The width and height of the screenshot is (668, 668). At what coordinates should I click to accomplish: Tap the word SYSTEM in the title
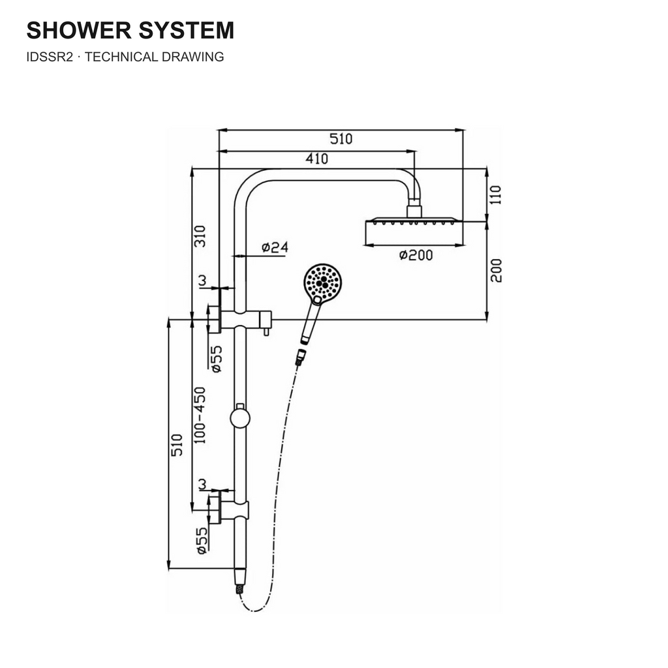(187, 30)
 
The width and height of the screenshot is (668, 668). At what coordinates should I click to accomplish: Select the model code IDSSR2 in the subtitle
(50, 57)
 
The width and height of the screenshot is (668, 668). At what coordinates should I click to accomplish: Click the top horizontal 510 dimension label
(341, 139)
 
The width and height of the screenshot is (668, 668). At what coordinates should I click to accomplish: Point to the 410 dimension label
(317, 159)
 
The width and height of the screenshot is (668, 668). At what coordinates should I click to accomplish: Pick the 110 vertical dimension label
(496, 194)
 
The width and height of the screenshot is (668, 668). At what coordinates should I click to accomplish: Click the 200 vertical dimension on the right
(496, 271)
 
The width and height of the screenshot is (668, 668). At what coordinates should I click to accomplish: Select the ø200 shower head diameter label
(416, 255)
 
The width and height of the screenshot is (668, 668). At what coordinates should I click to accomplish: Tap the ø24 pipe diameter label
(275, 247)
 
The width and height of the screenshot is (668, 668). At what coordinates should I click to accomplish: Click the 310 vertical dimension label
(200, 236)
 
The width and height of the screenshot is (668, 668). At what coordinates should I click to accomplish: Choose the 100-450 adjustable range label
(200, 416)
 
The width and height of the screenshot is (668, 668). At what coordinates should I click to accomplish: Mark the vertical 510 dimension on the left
(176, 445)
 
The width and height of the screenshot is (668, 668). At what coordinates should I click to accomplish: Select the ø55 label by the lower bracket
(202, 541)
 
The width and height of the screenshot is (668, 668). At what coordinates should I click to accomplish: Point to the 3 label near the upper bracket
(202, 281)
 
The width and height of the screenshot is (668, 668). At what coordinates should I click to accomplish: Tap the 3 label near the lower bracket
(202, 485)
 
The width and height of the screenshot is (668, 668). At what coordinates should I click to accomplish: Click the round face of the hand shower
(323, 282)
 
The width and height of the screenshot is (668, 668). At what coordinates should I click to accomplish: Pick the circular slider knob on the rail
(240, 418)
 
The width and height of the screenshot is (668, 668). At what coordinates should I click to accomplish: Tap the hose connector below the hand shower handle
(301, 357)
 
